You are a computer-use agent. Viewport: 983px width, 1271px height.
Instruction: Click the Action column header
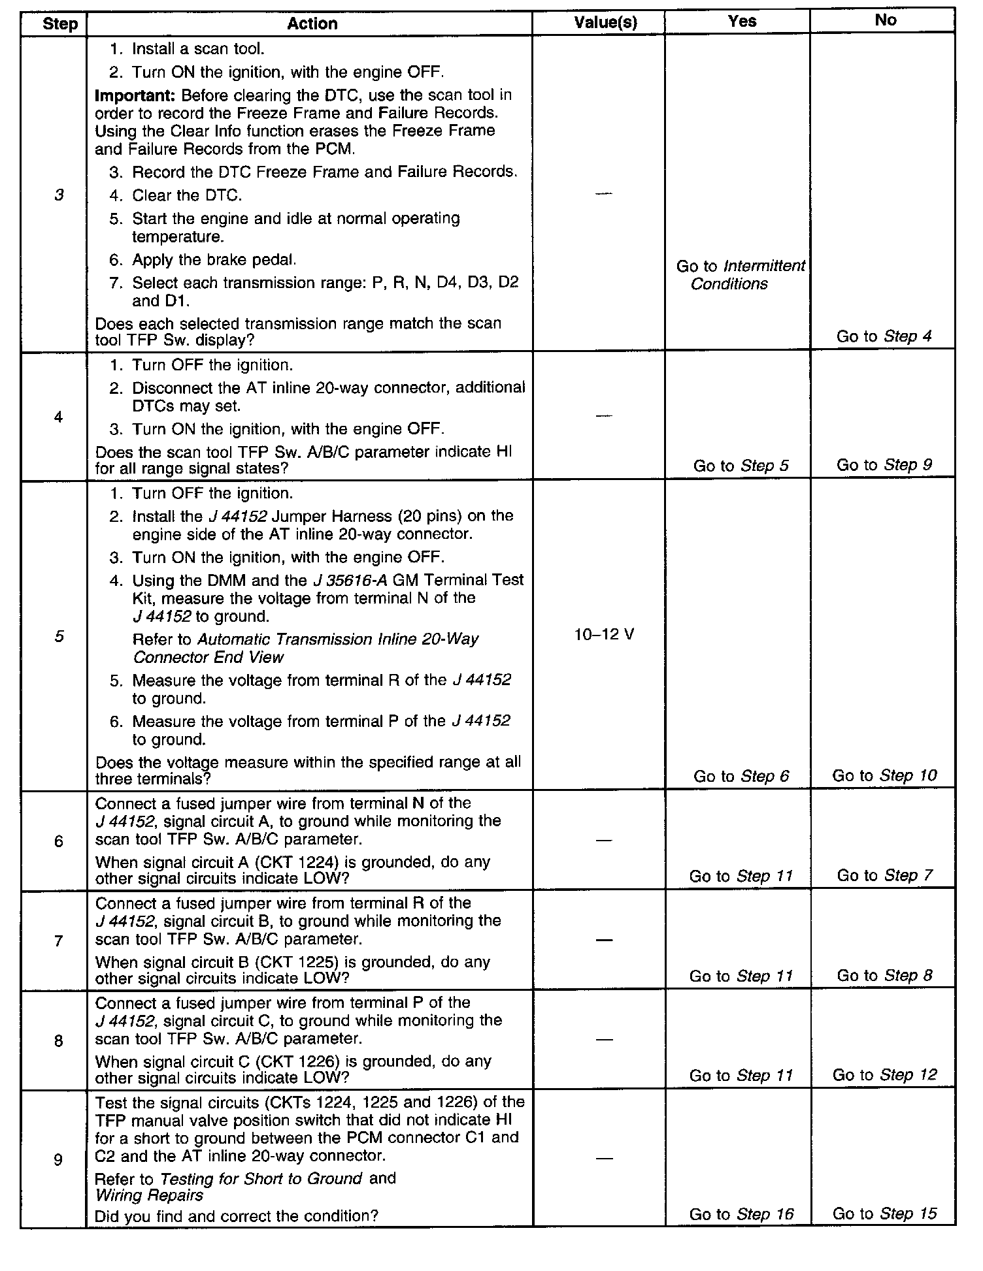[312, 24]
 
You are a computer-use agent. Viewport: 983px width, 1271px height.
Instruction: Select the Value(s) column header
[605, 23]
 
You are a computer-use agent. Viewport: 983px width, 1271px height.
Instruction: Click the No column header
[885, 20]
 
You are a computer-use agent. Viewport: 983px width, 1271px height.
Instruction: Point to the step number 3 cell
[59, 195]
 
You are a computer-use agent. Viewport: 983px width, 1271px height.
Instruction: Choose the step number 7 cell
[58, 941]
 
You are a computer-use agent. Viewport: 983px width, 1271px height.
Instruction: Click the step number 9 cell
[58, 1160]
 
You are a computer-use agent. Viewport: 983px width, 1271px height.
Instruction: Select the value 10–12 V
[604, 634]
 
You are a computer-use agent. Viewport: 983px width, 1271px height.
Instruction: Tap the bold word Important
[135, 95]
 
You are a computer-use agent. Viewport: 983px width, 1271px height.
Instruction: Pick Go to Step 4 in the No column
[884, 336]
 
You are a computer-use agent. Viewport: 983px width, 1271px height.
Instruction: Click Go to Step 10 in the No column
[884, 775]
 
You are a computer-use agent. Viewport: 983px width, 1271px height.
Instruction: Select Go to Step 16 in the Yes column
[741, 1214]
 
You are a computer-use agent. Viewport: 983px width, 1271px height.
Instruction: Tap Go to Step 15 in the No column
[884, 1213]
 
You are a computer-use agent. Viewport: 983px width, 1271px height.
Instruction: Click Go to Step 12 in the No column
[884, 1074]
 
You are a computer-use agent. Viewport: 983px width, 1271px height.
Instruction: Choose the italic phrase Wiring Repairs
[149, 1195]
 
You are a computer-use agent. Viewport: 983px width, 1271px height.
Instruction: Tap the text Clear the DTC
[187, 195]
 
